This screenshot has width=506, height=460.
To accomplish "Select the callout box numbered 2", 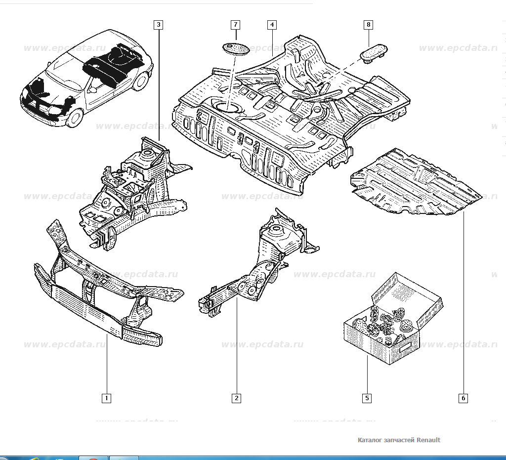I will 237,398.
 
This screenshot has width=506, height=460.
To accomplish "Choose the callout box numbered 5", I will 367,398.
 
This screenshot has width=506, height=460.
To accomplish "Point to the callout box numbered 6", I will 464,398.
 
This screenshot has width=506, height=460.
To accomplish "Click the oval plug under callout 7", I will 236,48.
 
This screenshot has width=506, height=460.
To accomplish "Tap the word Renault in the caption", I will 428,440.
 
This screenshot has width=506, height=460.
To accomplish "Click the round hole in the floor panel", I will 225,105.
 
